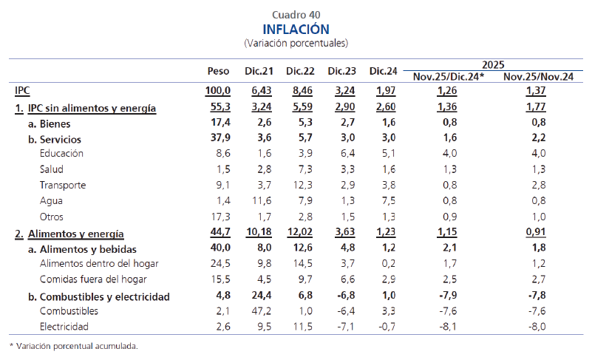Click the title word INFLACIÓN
[x=296, y=29]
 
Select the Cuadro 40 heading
[x=296, y=14]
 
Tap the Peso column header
[x=218, y=72]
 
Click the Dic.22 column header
[x=300, y=72]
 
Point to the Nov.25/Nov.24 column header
[x=535, y=76]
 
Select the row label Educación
[x=61, y=154]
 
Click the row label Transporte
[x=63, y=186]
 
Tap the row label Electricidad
[x=64, y=327]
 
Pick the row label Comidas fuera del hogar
[x=92, y=279]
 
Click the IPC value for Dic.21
[x=263, y=91]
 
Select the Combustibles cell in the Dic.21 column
[x=263, y=311]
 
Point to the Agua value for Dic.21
[x=263, y=201]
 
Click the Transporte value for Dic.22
[x=304, y=186]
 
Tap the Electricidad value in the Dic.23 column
[x=346, y=327]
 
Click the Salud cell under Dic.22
[x=304, y=169]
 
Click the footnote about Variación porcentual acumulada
[x=73, y=346]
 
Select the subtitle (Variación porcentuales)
[x=296, y=44]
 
